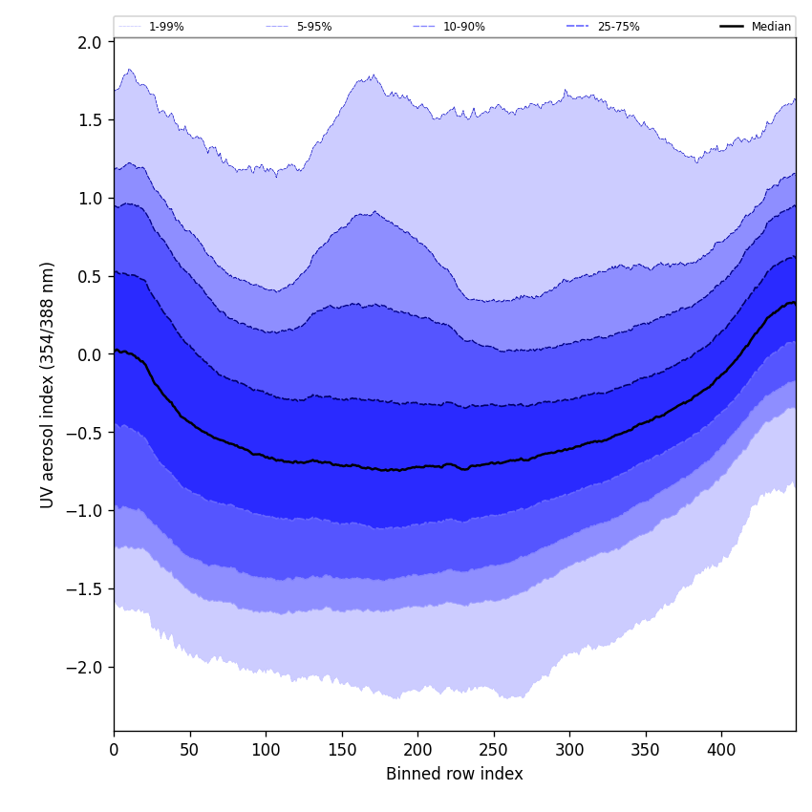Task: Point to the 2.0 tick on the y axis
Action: pyautogui.click(x=90, y=42)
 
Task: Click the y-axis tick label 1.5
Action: pyautogui.click(x=90, y=120)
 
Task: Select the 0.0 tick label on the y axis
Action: pyautogui.click(x=90, y=354)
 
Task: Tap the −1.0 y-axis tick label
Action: pyautogui.click(x=85, y=511)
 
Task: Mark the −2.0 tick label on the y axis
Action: pyautogui.click(x=85, y=667)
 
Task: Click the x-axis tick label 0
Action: pyautogui.click(x=114, y=750)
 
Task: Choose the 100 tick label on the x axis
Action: pyautogui.click(x=266, y=750)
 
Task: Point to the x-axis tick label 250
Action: pyautogui.click(x=494, y=750)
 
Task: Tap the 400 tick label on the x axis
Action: pyautogui.click(x=721, y=750)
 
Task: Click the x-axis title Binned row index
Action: pyautogui.click(x=454, y=775)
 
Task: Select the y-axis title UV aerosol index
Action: pyautogui.click(x=48, y=384)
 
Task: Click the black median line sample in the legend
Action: pyautogui.click(x=732, y=27)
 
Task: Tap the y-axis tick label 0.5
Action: pyautogui.click(x=90, y=276)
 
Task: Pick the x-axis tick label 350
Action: pyautogui.click(x=646, y=750)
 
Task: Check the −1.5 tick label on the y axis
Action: pyautogui.click(x=85, y=588)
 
